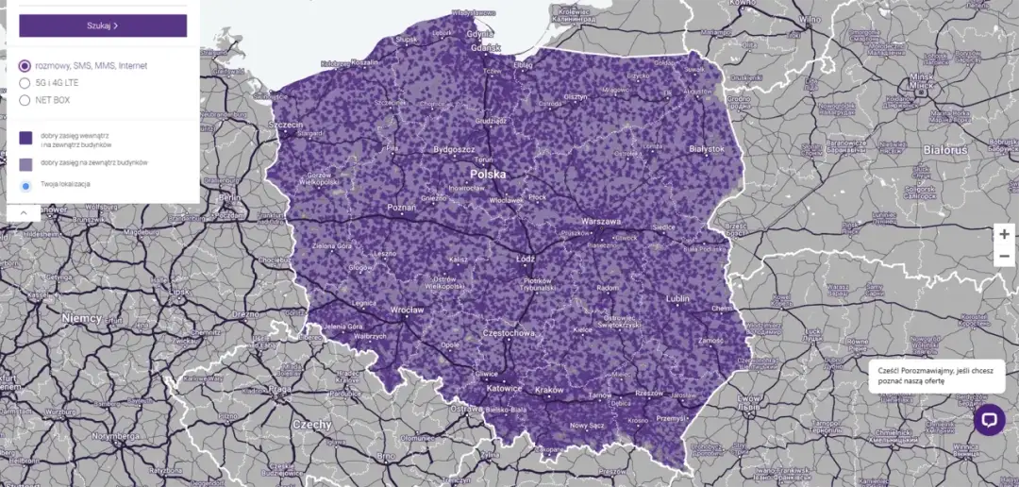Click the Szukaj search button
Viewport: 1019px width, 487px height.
point(103,25)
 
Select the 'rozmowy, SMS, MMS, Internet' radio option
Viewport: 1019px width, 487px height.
point(25,66)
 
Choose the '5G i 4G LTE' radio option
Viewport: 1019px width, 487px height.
point(25,83)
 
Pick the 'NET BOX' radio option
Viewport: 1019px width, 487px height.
point(25,100)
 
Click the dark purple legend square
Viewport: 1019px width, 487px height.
point(26,138)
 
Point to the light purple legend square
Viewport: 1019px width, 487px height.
point(26,163)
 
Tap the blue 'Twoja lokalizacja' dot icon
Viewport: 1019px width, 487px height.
point(26,186)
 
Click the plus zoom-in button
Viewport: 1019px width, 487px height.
point(1005,234)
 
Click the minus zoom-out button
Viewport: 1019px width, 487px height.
point(1005,257)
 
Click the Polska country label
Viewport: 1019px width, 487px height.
point(488,175)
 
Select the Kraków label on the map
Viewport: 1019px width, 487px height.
point(548,391)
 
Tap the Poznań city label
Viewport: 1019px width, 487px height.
point(401,208)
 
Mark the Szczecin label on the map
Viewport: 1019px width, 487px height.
point(286,125)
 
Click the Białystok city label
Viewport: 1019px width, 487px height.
point(707,149)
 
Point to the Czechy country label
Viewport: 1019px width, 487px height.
point(311,425)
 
